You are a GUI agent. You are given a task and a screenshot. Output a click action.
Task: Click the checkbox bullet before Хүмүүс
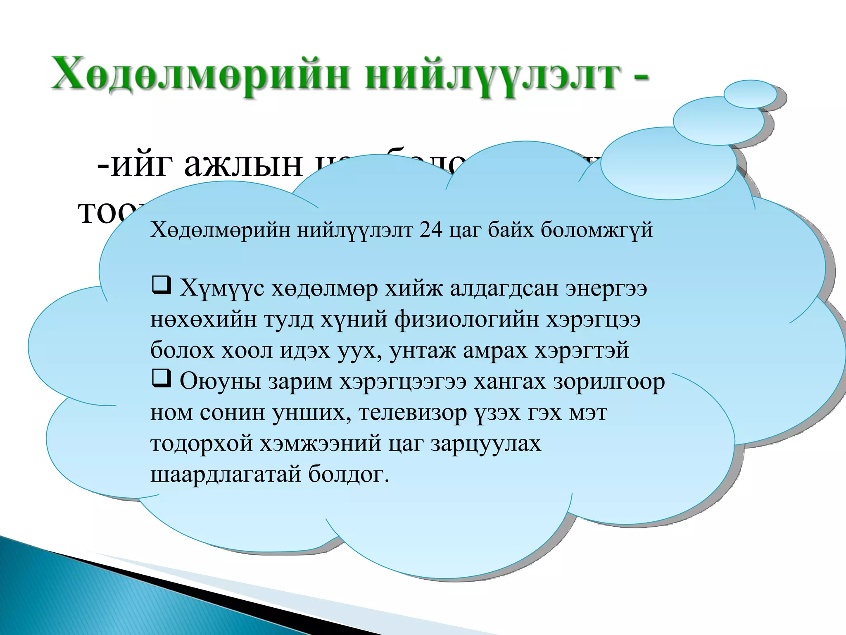161,286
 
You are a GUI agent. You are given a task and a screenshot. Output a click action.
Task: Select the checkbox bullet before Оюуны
161,379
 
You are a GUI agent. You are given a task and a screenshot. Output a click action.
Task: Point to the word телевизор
413,413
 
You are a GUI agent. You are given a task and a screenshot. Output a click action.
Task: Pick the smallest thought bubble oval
751,94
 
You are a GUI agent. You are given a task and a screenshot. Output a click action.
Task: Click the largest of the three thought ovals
668,163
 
